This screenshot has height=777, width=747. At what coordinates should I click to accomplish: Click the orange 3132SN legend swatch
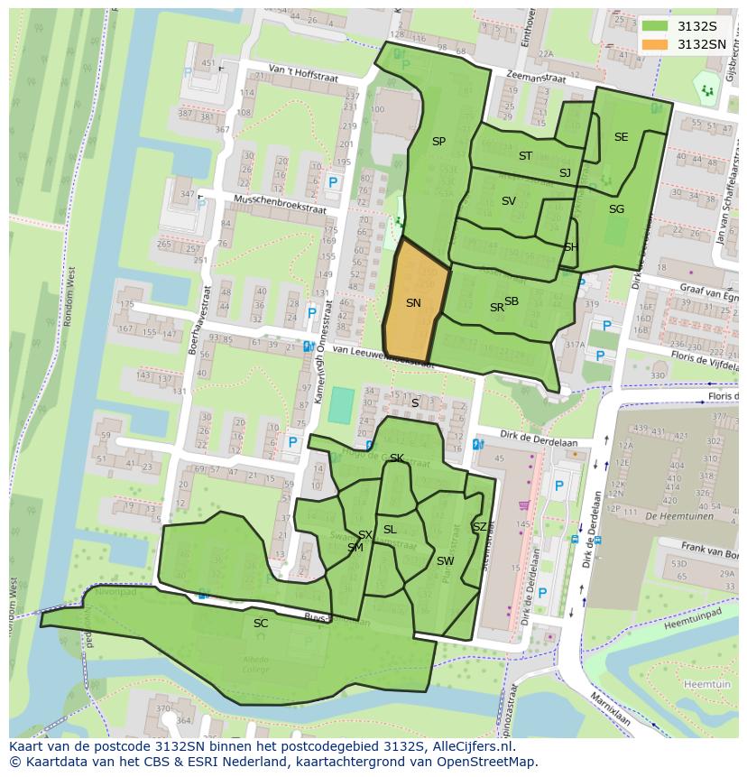tap(655, 44)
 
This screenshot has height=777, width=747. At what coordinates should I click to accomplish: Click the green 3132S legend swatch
tap(655, 26)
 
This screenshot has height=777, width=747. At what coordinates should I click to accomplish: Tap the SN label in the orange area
tap(413, 303)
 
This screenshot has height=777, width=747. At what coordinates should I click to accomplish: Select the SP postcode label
tap(438, 142)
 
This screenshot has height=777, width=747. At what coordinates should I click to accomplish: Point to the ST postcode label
tap(525, 156)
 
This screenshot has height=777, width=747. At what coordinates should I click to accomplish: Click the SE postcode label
tap(621, 137)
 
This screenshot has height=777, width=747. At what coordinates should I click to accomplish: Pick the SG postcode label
tap(616, 209)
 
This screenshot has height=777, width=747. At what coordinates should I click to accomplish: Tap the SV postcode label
tap(508, 201)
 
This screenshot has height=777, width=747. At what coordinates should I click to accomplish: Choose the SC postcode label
tap(261, 623)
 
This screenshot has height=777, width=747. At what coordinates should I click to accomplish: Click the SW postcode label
tap(445, 561)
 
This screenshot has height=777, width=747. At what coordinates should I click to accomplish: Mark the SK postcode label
tap(396, 458)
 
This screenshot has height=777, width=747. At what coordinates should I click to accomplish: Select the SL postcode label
tap(390, 530)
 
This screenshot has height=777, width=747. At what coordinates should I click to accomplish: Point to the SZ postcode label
tap(479, 527)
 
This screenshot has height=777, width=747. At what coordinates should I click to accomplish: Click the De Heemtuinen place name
tap(680, 516)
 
